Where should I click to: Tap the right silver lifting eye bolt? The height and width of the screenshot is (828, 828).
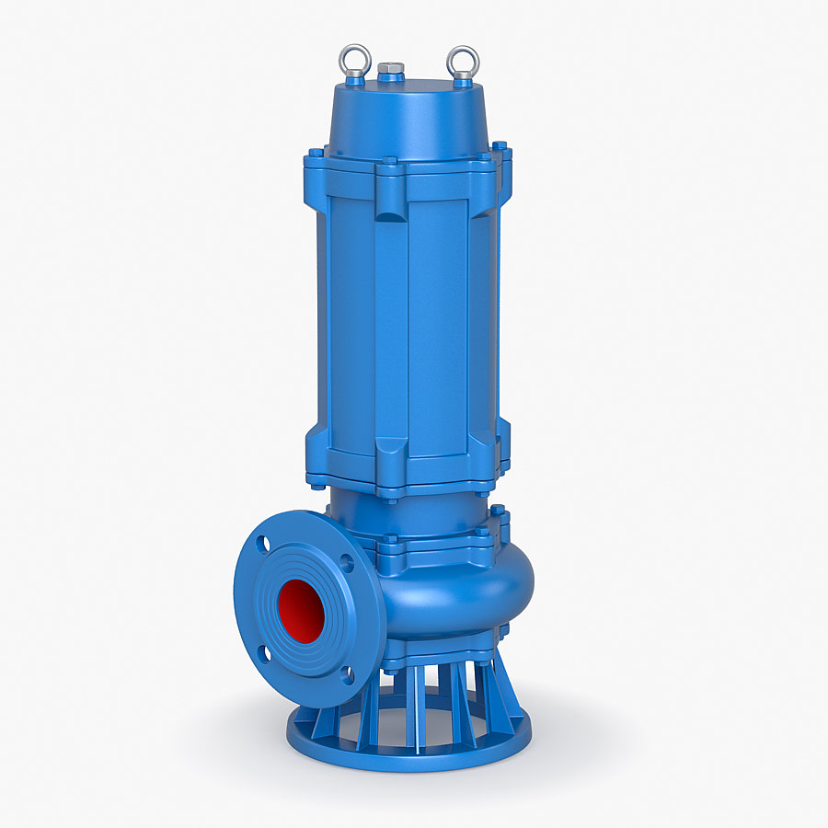(463, 61)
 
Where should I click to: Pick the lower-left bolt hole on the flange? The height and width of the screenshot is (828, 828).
(264, 654)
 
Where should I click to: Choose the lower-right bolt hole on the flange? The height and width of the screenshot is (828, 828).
(347, 675)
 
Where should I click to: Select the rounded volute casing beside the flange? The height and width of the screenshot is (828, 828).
(460, 589)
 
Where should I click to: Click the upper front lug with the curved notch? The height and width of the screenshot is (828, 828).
(390, 200)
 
